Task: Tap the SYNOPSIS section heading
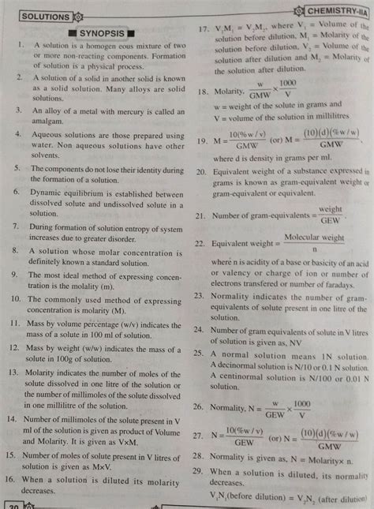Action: tap(103, 34)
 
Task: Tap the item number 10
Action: tap(16, 301)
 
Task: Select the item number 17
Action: tap(204, 30)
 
